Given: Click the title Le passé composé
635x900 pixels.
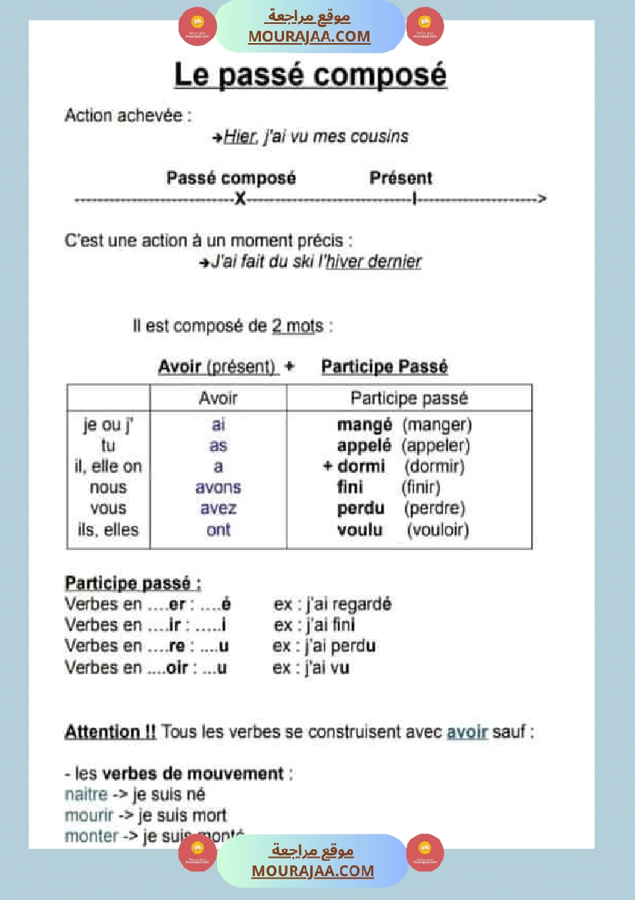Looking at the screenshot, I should tap(310, 75).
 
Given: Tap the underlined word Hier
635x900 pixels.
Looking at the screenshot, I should tap(239, 137).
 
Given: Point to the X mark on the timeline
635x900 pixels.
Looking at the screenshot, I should tap(240, 199).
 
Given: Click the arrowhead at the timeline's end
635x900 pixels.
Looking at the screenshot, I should tap(542, 199).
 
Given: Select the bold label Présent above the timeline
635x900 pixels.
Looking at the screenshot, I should tap(400, 179).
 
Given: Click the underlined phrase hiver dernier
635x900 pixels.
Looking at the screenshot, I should tap(374, 262).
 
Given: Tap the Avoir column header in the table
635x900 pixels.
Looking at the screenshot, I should tap(218, 398).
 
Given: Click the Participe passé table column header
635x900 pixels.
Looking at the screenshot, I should tap(409, 398).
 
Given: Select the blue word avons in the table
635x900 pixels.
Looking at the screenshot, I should tap(218, 487).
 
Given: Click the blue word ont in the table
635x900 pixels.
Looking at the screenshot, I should tap(218, 530).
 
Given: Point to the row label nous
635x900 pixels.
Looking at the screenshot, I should tap(109, 487).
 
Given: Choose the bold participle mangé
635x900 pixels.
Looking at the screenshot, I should tap(364, 424).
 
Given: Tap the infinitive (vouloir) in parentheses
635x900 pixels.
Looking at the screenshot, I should tap(437, 530).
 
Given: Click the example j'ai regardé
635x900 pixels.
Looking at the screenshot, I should tap(344, 604).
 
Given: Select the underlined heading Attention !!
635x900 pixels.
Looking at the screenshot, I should tap(110, 731).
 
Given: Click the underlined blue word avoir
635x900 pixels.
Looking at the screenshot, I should tap(467, 731).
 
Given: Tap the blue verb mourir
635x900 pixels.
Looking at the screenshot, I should tap(89, 815).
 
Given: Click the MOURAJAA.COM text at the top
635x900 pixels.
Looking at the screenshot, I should tap(309, 36).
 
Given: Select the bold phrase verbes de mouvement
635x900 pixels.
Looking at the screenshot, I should tap(193, 773).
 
